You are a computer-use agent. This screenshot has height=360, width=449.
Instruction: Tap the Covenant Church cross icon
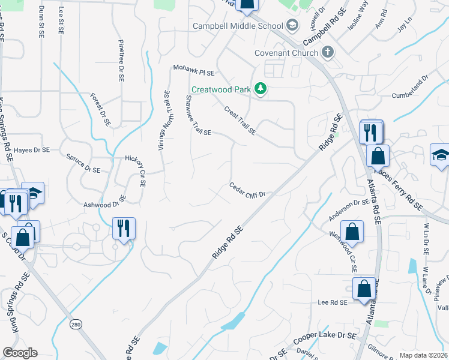(x=328, y=52)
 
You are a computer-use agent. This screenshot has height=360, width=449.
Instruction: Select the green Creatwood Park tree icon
(x=261, y=89)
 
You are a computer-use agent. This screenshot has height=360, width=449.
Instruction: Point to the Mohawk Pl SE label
(x=193, y=70)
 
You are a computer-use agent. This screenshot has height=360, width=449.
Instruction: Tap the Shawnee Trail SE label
(x=198, y=115)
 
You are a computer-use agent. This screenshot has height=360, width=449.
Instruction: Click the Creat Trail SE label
(x=240, y=120)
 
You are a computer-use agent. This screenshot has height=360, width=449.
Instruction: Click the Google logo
(x=20, y=353)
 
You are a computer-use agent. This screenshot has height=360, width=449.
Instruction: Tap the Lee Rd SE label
(x=333, y=303)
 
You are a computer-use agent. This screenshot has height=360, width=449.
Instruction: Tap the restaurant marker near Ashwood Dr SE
(x=124, y=229)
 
